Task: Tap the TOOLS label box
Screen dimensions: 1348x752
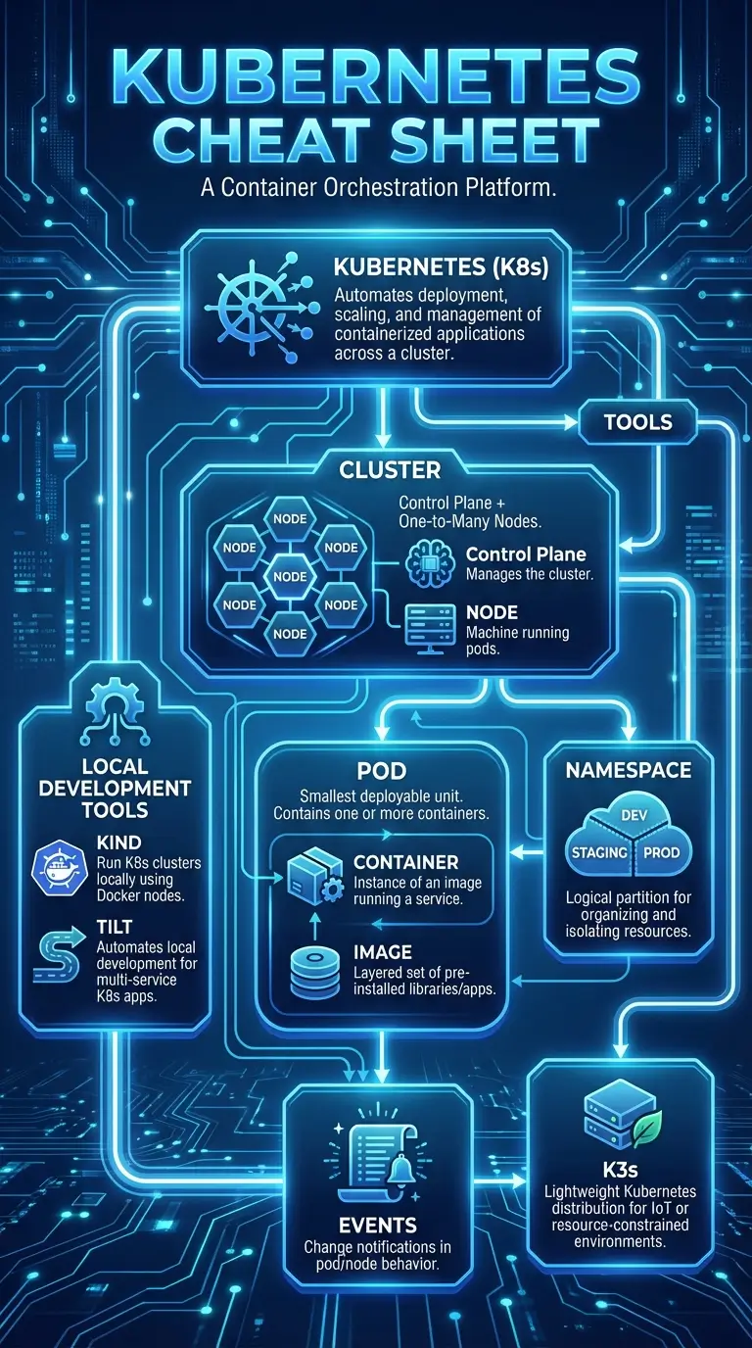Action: click(x=638, y=422)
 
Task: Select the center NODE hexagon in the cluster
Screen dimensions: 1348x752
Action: click(x=290, y=576)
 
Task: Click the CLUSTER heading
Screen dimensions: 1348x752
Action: click(x=389, y=470)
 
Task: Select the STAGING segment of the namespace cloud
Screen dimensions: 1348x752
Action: click(x=598, y=852)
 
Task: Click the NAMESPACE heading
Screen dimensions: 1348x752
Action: click(x=629, y=770)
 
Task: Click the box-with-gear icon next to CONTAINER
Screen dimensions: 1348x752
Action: click(x=312, y=874)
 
